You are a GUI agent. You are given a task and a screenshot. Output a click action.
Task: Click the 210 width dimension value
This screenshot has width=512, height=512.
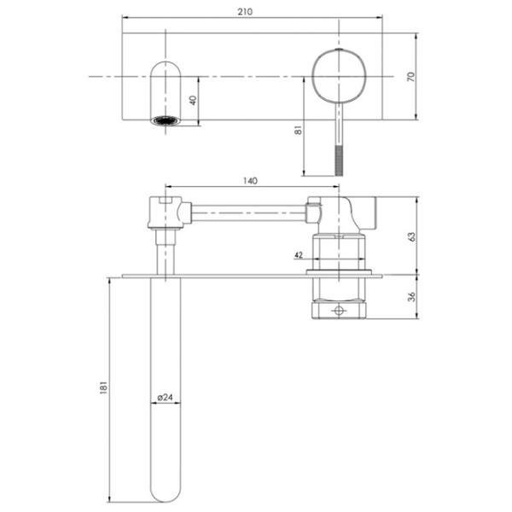(245, 12)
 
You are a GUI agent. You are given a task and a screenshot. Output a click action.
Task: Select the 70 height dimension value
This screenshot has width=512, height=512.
(411, 77)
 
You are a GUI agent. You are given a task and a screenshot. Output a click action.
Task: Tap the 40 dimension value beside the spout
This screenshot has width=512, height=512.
(193, 100)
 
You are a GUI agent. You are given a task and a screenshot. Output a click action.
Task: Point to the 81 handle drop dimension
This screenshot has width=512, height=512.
(298, 131)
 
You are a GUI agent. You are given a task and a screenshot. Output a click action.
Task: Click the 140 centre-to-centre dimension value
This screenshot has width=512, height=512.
(250, 181)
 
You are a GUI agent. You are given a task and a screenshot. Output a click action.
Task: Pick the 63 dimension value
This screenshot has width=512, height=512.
(412, 236)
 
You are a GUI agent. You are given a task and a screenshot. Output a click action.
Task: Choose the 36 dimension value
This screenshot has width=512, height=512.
(412, 296)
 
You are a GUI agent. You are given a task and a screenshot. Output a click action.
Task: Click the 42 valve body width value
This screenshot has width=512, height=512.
(299, 254)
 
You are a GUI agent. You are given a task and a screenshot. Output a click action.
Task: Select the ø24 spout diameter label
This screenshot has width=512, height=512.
(165, 398)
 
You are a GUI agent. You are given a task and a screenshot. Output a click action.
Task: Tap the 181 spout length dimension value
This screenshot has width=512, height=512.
(103, 387)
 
